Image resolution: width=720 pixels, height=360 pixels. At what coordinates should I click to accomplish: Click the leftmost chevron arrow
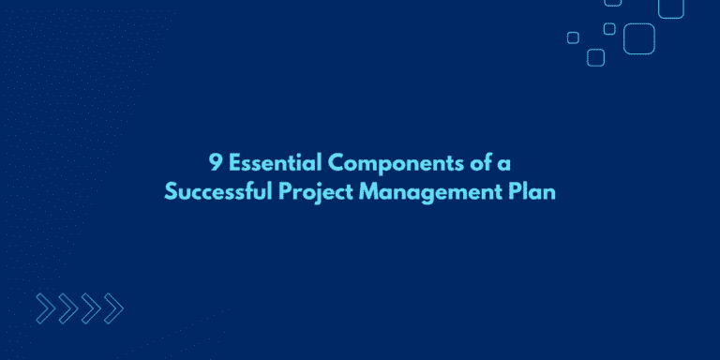pyautogui.click(x=44, y=307)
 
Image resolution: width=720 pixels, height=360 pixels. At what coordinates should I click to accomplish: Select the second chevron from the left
pyautogui.click(x=67, y=307)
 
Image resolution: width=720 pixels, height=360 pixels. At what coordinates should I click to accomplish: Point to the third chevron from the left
pyautogui.click(x=89, y=307)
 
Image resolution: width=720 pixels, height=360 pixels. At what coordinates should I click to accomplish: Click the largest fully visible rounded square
pyautogui.click(x=639, y=37)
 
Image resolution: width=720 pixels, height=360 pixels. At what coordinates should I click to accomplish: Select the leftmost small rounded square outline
pyautogui.click(x=573, y=37)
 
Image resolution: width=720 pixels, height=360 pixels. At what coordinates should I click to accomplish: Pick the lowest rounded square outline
pyautogui.click(x=595, y=57)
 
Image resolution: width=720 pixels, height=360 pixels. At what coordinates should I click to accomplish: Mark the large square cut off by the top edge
pyautogui.click(x=671, y=7)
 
